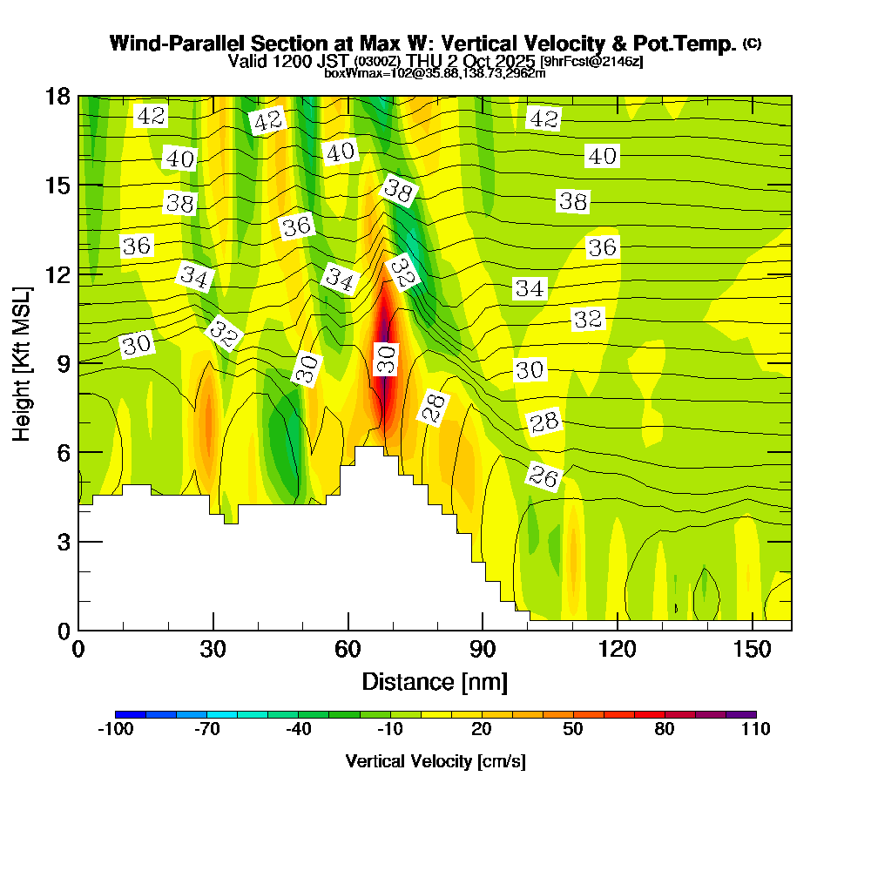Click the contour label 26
(544, 476)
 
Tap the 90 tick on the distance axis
(483, 650)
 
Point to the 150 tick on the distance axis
(752, 650)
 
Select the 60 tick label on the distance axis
(348, 650)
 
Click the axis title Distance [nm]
(435, 681)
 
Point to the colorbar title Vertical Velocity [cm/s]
(435, 761)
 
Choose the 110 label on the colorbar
(755, 730)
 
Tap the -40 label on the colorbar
(298, 730)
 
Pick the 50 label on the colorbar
(572, 730)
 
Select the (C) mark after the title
(752, 44)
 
